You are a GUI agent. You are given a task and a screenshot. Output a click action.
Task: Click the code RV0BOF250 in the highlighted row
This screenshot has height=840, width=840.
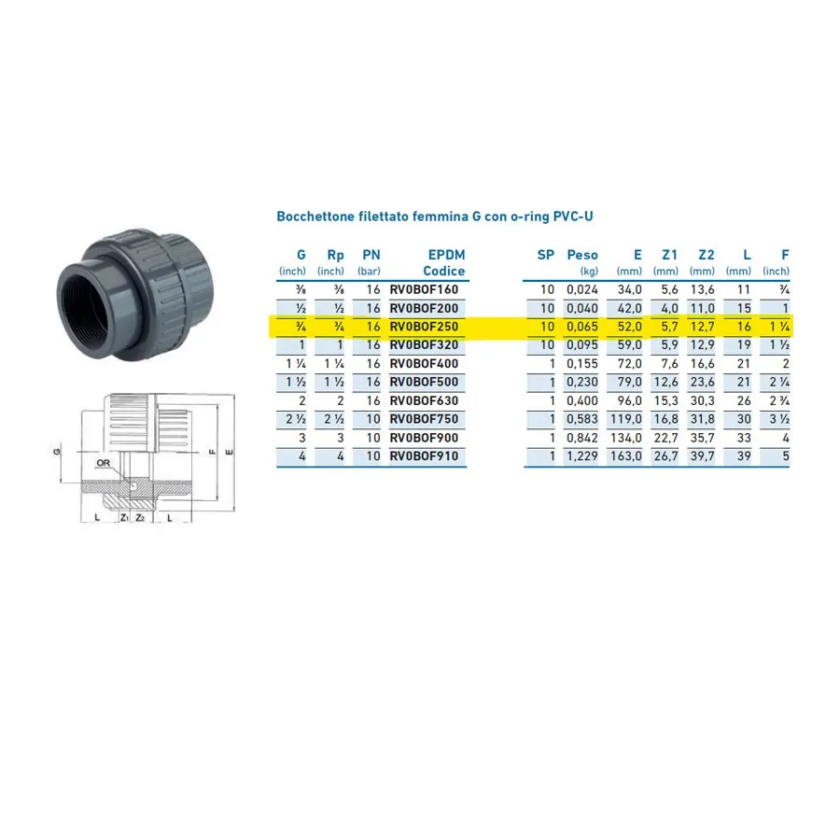click(424, 327)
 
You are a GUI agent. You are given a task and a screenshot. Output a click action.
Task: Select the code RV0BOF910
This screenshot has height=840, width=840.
click(424, 456)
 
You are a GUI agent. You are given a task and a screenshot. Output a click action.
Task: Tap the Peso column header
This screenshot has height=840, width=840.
click(582, 255)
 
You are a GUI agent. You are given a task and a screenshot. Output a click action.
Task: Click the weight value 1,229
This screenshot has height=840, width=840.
click(582, 456)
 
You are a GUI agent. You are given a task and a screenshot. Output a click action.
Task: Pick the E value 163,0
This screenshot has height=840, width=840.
click(625, 456)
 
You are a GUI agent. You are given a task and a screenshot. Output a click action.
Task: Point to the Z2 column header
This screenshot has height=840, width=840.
click(707, 255)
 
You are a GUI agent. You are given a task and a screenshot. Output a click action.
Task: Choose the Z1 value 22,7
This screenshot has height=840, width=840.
click(665, 439)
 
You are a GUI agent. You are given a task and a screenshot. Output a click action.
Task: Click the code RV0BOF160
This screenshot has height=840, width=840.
click(424, 290)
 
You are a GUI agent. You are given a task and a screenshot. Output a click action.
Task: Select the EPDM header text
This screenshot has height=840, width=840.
click(446, 255)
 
